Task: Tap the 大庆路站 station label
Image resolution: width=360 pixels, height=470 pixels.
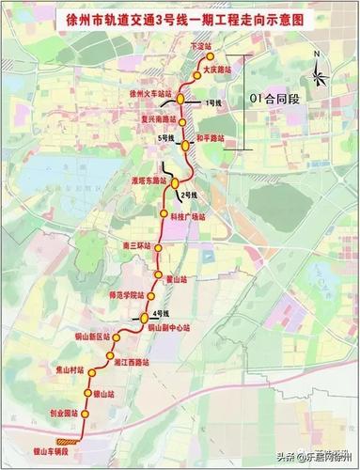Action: [217, 69]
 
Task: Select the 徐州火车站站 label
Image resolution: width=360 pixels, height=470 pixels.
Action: [150, 94]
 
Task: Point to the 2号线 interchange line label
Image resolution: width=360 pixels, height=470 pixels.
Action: [186, 195]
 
